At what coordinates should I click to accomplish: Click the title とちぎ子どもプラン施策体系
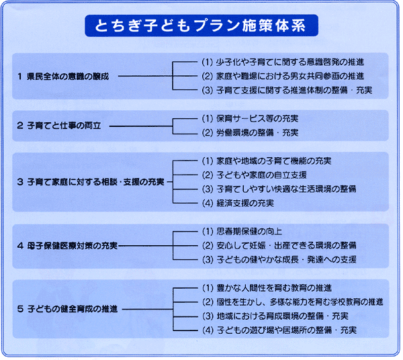click(x=200, y=26)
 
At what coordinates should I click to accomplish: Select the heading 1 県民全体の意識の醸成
click(x=63, y=77)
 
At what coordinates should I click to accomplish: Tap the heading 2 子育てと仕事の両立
click(x=59, y=126)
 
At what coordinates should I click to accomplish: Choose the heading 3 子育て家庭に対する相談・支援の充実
click(x=91, y=182)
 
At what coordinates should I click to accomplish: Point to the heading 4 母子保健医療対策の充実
click(x=67, y=246)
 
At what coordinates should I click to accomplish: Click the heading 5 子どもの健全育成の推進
click(x=67, y=309)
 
